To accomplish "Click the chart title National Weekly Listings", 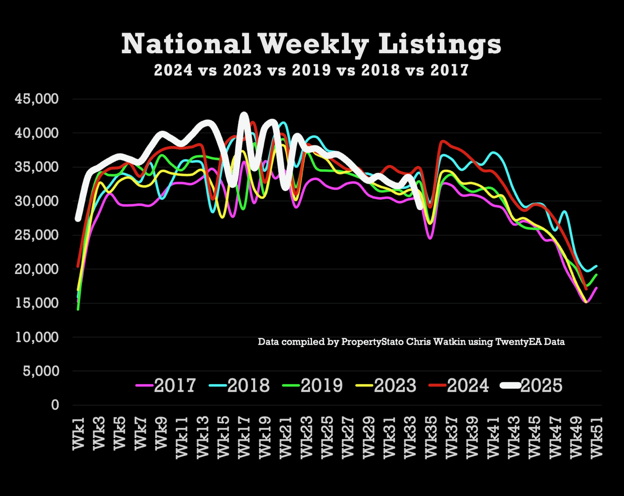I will [x=311, y=44].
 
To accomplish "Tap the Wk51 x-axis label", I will [x=597, y=438].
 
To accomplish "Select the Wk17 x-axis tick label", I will [x=244, y=438].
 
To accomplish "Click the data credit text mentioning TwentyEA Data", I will [x=411, y=342].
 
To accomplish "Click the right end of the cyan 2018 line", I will [x=597, y=266].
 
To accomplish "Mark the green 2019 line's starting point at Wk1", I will [x=78, y=309].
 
